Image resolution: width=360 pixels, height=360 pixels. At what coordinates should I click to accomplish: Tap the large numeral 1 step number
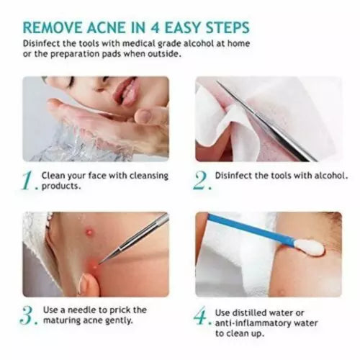[30, 180]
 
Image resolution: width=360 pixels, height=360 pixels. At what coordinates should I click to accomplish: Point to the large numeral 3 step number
[30, 315]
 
